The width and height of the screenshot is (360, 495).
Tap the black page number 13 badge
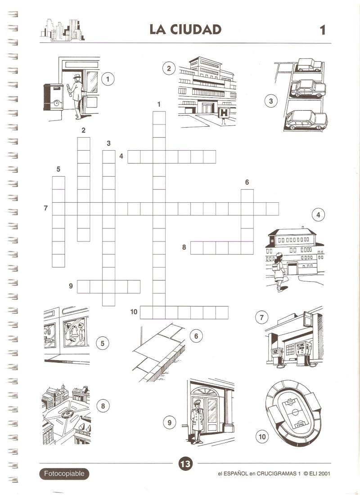[x=185, y=464]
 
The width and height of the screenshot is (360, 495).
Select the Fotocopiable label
[x=64, y=473]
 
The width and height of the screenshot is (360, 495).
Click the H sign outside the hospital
[x=224, y=113]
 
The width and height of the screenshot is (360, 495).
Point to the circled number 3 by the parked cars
[x=271, y=101]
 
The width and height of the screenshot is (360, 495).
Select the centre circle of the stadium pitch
[x=295, y=412]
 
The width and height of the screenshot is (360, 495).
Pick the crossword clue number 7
[x=46, y=208]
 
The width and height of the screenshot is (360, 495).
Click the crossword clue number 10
[x=134, y=312]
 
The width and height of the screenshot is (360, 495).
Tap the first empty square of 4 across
[x=134, y=157]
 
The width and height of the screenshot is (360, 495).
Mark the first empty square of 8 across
[x=197, y=248]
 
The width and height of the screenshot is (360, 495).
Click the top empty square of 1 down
[x=159, y=118]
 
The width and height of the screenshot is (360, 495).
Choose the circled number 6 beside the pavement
[x=196, y=336]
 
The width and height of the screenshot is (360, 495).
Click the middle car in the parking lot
[x=308, y=88]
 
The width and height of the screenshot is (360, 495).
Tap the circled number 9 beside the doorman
[x=169, y=423]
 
